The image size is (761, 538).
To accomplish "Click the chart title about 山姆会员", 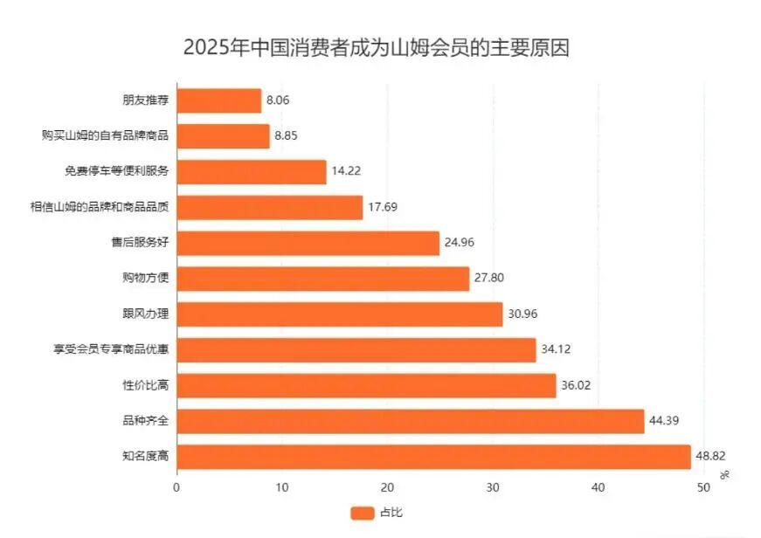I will tap(376, 47).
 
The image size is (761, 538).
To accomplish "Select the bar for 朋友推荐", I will tap(219, 100).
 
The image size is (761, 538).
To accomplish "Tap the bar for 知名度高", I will tap(433, 457).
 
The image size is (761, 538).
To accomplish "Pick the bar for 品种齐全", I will tap(411, 421).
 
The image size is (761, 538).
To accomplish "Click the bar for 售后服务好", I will tap(308, 243).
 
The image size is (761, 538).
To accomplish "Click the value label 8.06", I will tap(278, 100).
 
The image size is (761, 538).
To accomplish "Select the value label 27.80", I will tap(488, 279).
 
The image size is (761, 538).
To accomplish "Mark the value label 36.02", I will tap(575, 385).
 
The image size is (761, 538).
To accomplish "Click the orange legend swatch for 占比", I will tap(362, 514).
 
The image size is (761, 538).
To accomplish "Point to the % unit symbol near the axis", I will tap(724, 474).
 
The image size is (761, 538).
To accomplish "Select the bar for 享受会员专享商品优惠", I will tap(356, 349).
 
